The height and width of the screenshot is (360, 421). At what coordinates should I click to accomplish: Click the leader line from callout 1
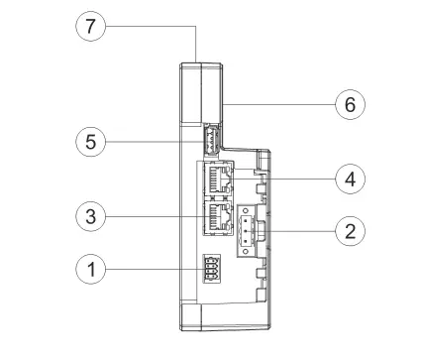[154, 269]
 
